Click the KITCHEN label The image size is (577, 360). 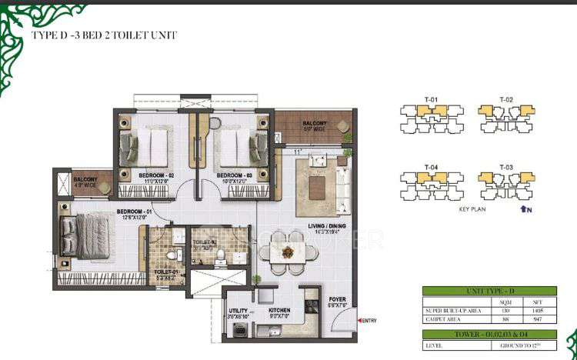(278, 312)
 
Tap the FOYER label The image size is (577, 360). (338, 299)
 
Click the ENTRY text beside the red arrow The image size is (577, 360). (369, 321)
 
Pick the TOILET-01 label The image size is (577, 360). (166, 272)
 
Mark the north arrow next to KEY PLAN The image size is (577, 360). (525, 208)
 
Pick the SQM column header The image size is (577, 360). (506, 301)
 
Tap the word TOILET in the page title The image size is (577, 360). (142, 35)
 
